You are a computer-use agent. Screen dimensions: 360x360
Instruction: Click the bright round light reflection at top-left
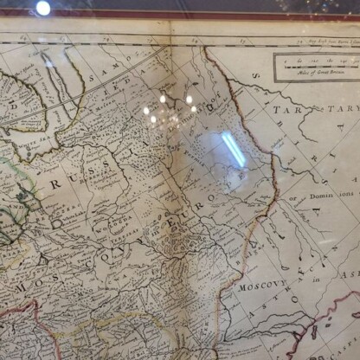pos(42,8)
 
